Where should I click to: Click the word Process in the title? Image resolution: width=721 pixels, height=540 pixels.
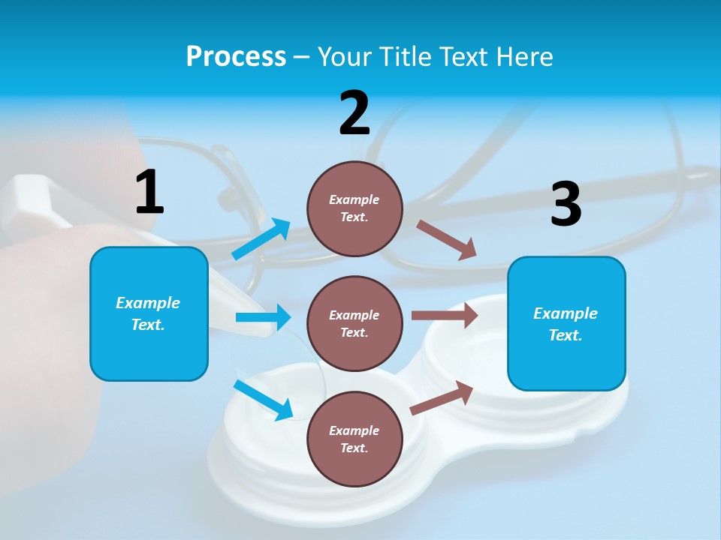click(x=236, y=56)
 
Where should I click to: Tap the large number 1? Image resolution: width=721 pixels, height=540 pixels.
click(x=149, y=193)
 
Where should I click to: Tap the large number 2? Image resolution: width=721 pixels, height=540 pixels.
click(x=354, y=113)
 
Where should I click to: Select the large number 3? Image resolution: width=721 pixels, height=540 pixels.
click(x=566, y=204)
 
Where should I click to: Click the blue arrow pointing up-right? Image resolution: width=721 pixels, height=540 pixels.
click(x=261, y=239)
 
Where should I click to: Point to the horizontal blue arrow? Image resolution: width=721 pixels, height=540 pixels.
click(x=263, y=317)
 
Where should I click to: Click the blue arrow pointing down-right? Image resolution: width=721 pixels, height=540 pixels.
click(x=264, y=399)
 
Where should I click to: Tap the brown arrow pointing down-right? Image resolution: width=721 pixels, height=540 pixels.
click(x=446, y=240)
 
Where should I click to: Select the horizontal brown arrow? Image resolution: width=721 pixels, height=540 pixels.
click(x=445, y=316)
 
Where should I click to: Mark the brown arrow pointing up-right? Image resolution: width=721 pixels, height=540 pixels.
click(x=442, y=398)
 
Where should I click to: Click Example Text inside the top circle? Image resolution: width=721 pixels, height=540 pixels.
click(x=354, y=208)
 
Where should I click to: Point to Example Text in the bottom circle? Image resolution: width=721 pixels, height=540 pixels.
click(x=354, y=439)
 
